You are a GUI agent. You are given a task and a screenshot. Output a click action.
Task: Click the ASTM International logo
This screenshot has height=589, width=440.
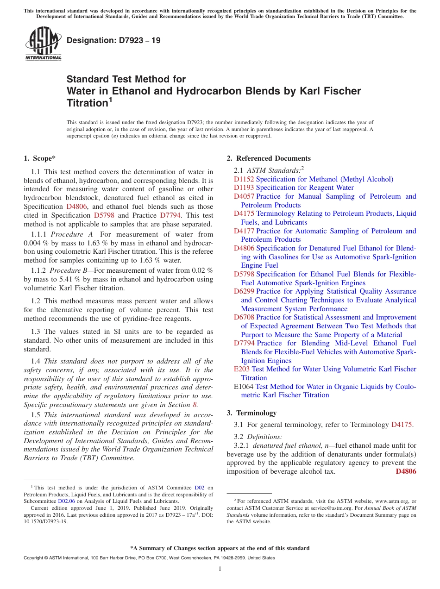(x=43, y=44)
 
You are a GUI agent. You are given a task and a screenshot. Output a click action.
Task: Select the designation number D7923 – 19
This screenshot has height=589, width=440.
(x=113, y=40)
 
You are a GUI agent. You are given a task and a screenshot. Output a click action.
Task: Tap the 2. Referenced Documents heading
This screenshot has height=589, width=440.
(x=269, y=158)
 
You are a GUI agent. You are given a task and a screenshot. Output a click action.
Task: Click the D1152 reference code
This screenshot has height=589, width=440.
(x=244, y=179)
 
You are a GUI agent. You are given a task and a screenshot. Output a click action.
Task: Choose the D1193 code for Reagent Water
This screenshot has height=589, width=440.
(x=244, y=188)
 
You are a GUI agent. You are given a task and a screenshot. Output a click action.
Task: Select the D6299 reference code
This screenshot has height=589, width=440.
(x=244, y=291)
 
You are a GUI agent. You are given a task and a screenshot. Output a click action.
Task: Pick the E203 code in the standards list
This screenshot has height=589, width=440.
(x=242, y=369)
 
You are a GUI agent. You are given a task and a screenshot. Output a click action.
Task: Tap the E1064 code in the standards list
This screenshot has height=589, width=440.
(x=244, y=387)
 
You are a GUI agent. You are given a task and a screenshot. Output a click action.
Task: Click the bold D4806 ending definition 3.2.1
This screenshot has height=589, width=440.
(x=406, y=471)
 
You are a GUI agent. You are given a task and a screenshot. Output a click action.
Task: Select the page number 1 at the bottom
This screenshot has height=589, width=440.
(x=220, y=569)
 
